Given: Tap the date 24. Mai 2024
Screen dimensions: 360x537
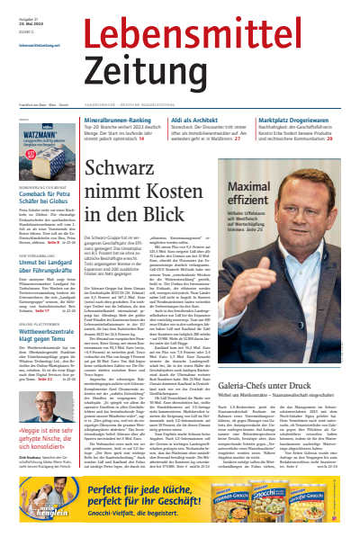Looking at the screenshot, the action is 31,25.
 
